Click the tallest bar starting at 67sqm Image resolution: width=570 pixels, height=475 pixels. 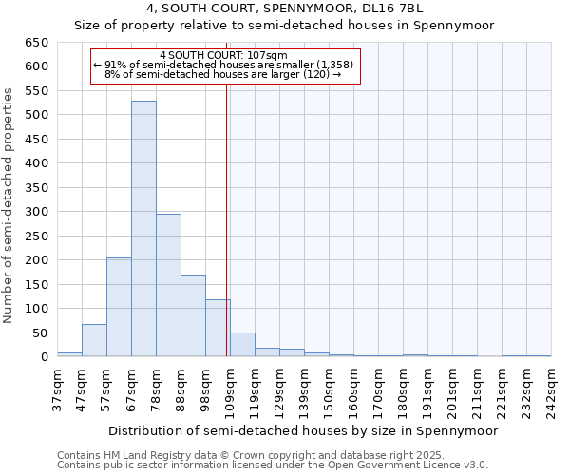(143, 229)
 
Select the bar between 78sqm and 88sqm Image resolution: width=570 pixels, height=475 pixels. (168, 285)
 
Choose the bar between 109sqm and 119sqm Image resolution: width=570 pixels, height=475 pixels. (242, 345)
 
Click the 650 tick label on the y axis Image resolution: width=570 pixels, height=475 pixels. (36, 43)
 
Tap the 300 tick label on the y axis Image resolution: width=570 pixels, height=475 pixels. (36, 212)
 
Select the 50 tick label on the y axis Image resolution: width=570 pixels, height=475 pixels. (40, 333)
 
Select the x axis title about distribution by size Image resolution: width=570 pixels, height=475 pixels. (303, 430)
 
